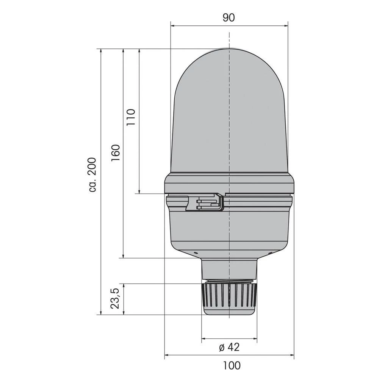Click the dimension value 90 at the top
click(229, 17)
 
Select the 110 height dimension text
click(131, 117)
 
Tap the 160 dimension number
click(115, 153)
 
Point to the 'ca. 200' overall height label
click(92, 175)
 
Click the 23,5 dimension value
click(115, 299)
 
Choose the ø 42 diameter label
click(229, 346)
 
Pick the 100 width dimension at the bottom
click(232, 365)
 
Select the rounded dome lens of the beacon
click(229, 110)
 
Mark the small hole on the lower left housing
click(196, 253)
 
